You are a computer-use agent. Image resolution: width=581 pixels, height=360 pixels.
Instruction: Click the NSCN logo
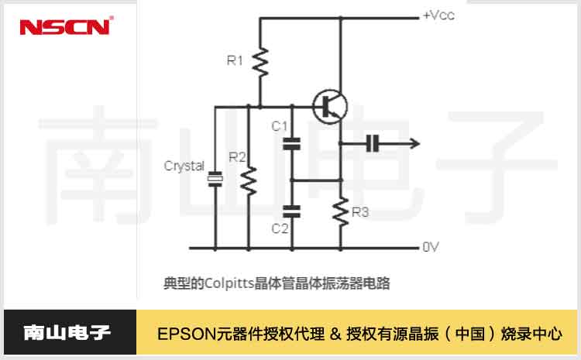click(x=67, y=27)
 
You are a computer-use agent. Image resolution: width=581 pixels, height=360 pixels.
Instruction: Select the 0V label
click(x=431, y=247)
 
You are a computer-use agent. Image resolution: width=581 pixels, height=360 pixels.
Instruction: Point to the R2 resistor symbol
click(x=248, y=183)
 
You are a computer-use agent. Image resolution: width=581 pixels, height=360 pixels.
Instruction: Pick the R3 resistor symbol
click(x=341, y=211)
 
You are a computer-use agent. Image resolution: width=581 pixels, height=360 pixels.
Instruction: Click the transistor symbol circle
click(x=330, y=105)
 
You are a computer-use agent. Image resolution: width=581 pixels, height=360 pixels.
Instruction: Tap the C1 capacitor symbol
click(x=292, y=143)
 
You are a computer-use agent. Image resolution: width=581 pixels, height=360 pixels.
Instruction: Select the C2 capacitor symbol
click(x=292, y=209)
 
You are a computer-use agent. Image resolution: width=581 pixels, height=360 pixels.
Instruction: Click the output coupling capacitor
click(x=373, y=143)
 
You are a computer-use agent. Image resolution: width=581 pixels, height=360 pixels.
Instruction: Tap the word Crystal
click(x=184, y=166)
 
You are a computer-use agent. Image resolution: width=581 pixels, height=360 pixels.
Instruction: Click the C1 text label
click(x=279, y=125)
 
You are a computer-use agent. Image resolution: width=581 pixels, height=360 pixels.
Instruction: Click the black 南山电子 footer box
click(x=68, y=334)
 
